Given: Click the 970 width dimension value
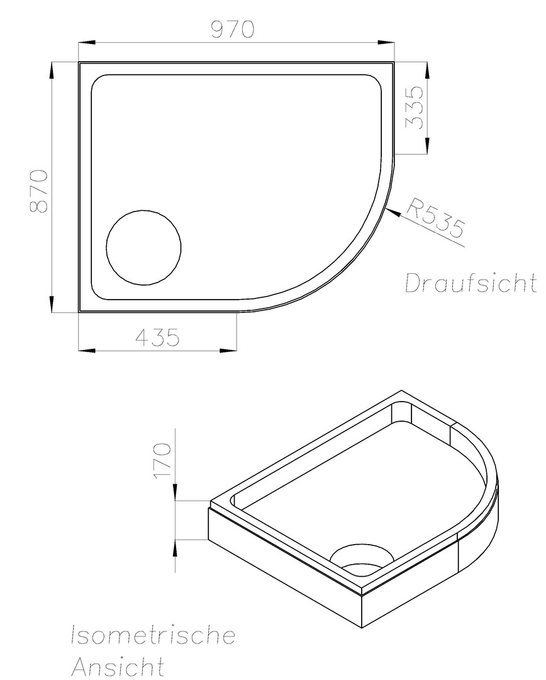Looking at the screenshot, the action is pos(232,30).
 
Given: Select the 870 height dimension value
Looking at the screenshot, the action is pos(38,191).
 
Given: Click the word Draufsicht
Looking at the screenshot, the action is pos(470,283).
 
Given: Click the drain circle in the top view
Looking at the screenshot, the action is pos(144,247).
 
